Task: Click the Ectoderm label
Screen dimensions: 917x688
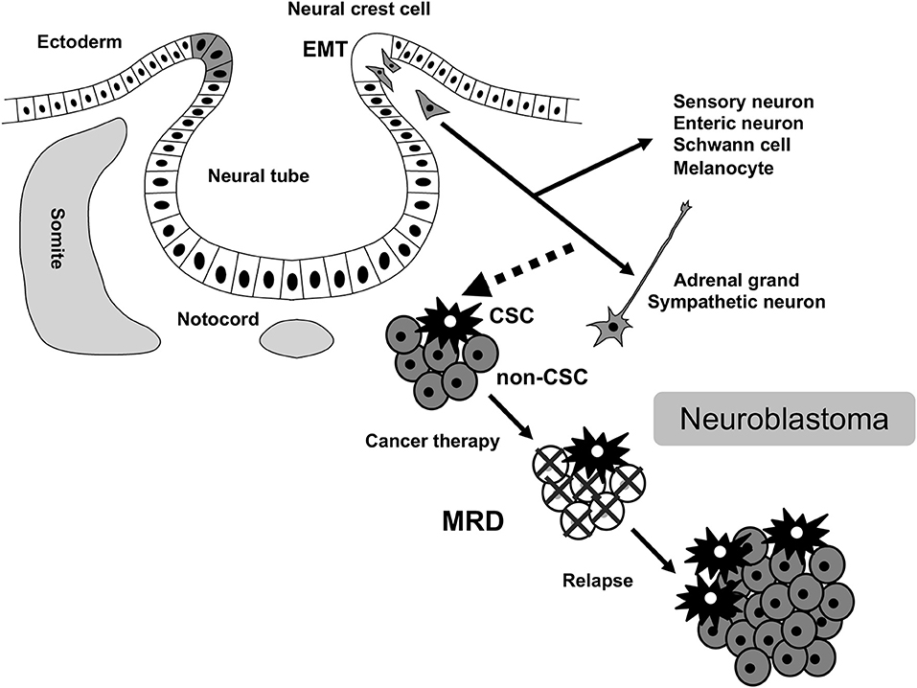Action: pos(80,42)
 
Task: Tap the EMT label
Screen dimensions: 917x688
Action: pos(325,50)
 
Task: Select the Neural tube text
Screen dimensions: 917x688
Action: pos(259,175)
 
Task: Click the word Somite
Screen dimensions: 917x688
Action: pos(56,238)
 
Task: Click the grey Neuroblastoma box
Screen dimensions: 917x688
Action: pos(784,419)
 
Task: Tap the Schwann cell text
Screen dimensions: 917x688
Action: pos(732,145)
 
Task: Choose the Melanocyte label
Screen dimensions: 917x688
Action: pos(723,168)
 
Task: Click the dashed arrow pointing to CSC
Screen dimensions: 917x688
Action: pos(517,269)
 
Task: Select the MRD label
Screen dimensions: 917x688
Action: pos(473,521)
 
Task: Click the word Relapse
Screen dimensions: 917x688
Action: pos(598,581)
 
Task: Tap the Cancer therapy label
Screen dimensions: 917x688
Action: pos(432,441)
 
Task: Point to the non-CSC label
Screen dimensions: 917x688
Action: pos(541,378)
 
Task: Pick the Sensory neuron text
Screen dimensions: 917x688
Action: pos(744,102)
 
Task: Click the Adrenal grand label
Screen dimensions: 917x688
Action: pos(736,280)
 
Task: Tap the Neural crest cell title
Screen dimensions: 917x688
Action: pos(359,9)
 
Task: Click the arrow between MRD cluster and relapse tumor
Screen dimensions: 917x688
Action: pos(653,551)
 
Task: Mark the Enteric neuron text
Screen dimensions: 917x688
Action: pos(738,124)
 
